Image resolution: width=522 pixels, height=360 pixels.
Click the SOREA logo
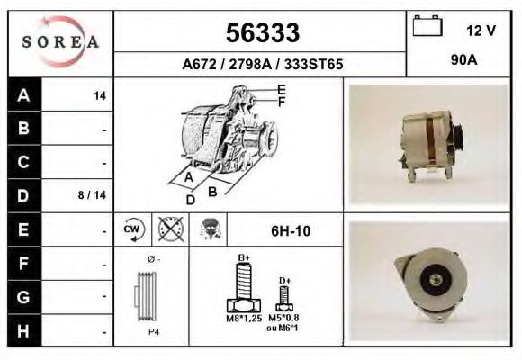(x=59, y=42)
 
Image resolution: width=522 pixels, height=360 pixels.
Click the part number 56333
(x=262, y=33)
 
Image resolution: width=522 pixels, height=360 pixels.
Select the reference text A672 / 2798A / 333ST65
(x=262, y=65)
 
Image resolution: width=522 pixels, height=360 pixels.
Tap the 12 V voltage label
(x=481, y=31)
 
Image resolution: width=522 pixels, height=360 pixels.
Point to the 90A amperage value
(x=463, y=63)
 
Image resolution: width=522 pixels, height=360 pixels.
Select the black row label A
(x=24, y=95)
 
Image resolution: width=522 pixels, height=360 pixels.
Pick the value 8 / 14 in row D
(x=93, y=194)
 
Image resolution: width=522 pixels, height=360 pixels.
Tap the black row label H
(x=24, y=330)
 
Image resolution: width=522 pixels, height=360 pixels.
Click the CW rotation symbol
(x=130, y=230)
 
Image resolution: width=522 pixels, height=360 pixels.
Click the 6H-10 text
(x=291, y=231)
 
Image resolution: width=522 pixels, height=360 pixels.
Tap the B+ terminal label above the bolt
(x=243, y=258)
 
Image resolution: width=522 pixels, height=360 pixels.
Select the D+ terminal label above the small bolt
(x=284, y=281)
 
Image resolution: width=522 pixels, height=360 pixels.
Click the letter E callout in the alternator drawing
(x=282, y=88)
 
